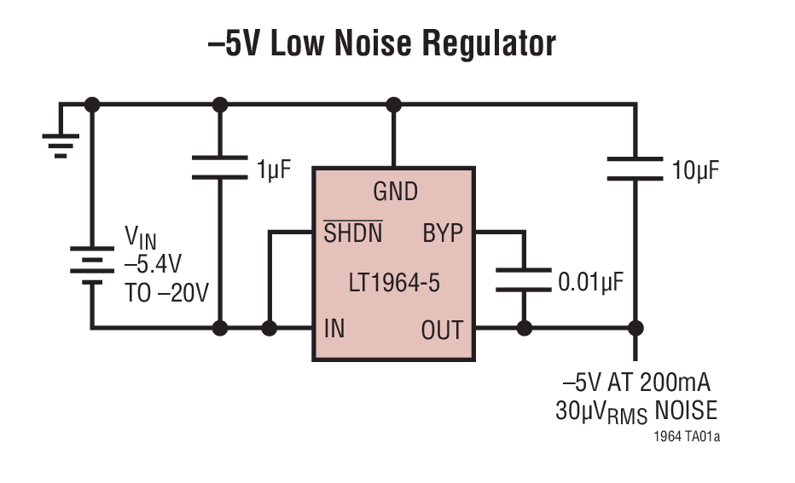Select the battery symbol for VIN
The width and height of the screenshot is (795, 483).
coord(91,265)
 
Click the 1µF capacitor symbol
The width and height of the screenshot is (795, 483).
coord(220,167)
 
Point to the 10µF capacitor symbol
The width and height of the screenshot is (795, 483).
coord(635,169)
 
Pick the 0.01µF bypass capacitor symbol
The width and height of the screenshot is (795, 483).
coord(524,280)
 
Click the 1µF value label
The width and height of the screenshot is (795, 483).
coord(273,169)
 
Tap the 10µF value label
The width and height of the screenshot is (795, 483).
coord(695,170)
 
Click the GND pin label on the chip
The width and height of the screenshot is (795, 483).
coord(395,192)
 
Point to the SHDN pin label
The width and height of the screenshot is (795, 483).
coord(352,233)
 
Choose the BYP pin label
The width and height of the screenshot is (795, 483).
coord(442,233)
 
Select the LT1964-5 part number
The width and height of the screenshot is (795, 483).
coord(393,282)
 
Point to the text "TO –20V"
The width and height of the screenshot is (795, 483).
coord(166,292)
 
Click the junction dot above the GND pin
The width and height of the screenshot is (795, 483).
coord(393,105)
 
